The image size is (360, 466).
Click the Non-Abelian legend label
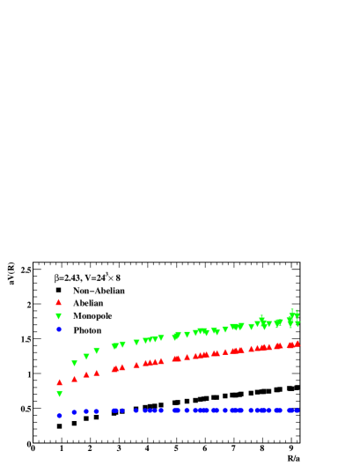coord(99,290)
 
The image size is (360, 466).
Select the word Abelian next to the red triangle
coord(88,303)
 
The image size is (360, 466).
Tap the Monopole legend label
coord(92,315)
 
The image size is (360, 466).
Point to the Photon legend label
coord(87,329)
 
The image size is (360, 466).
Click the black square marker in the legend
coord(59,290)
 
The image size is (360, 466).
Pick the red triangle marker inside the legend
coord(59,302)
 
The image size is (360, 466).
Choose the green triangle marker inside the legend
coord(59,316)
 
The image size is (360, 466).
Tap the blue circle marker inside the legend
coord(59,329)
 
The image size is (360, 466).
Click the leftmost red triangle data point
coord(60,382)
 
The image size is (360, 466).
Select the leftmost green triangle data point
coord(60,394)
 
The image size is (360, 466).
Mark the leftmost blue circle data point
coord(60,415)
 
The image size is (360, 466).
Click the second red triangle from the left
coord(75,378)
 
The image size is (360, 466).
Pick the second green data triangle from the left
coord(75,363)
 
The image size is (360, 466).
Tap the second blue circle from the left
coord(75,411)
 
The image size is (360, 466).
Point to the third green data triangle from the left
coord(86,357)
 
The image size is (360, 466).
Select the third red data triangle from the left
coord(86,374)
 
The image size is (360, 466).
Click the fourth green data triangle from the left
coord(97,351)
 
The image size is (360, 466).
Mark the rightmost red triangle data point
coord(298,344)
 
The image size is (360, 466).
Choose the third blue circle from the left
coord(86,411)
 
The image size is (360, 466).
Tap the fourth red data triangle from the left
coord(97,373)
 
